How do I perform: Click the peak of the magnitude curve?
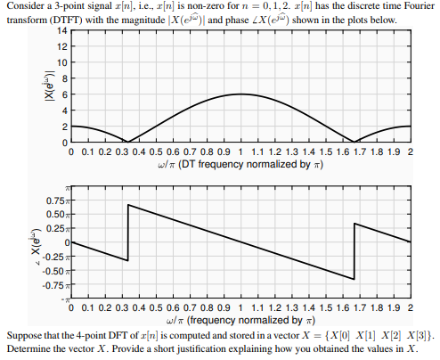pos(240,94)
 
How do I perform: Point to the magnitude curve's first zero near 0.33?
pos(127,142)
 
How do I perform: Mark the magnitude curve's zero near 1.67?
pos(354,142)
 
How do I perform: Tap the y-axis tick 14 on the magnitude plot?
pos(60,31)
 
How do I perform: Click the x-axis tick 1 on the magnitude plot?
pos(240,152)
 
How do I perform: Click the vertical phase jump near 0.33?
pos(128,233)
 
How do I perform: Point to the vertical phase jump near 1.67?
pos(354,251)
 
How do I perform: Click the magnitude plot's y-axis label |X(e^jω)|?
pos(37,86)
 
